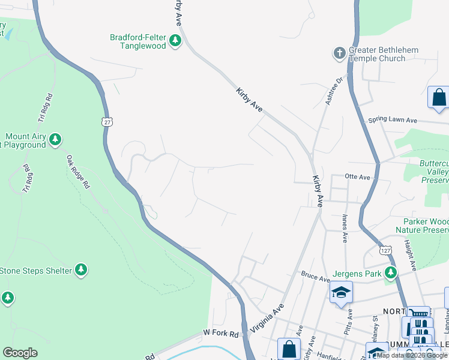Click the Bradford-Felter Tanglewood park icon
(x=175, y=41)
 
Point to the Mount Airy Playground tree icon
(x=55, y=140)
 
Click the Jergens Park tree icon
(x=391, y=274)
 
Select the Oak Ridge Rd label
(x=78, y=172)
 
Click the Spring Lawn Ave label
(x=393, y=120)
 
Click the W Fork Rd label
(x=221, y=333)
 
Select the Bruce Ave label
(x=316, y=278)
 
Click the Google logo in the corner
(x=20, y=353)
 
